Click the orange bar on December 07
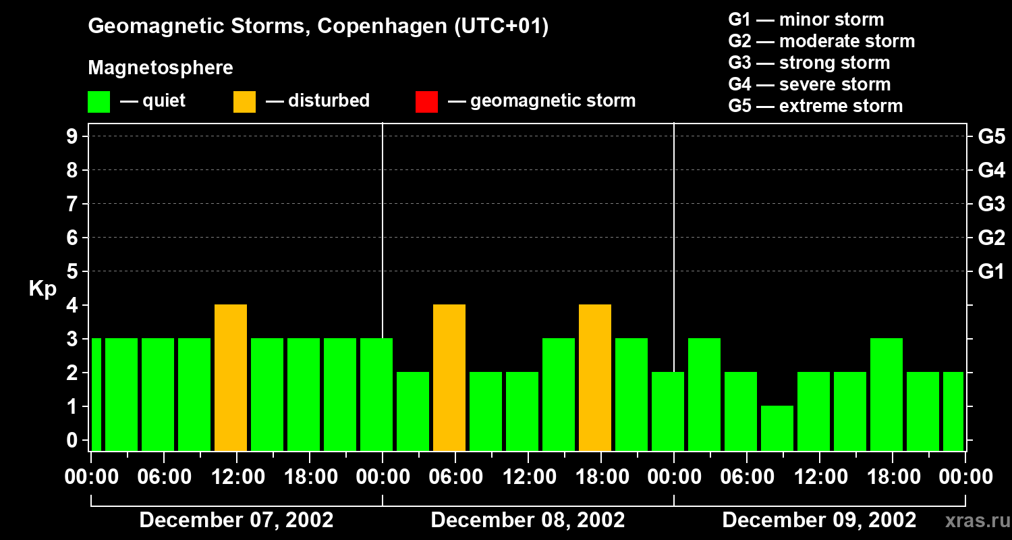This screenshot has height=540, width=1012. point(231,378)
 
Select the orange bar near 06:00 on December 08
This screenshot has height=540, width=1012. point(449,378)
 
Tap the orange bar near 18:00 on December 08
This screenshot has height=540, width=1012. point(595,378)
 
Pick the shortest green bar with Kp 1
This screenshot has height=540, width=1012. point(777,428)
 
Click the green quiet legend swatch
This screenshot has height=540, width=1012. point(99,101)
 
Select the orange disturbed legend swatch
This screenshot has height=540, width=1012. point(245,101)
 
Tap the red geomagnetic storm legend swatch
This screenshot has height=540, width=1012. point(427,101)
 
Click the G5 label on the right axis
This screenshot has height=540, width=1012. point(991,136)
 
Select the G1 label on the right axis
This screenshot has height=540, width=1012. point(991,271)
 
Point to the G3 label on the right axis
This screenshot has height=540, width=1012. point(991,204)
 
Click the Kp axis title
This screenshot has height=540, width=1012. point(43,289)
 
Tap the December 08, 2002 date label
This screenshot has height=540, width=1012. point(528,520)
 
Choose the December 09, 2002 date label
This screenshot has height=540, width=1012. point(819,520)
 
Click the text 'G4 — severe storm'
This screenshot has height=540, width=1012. point(810,84)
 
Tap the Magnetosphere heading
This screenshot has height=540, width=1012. point(161,68)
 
